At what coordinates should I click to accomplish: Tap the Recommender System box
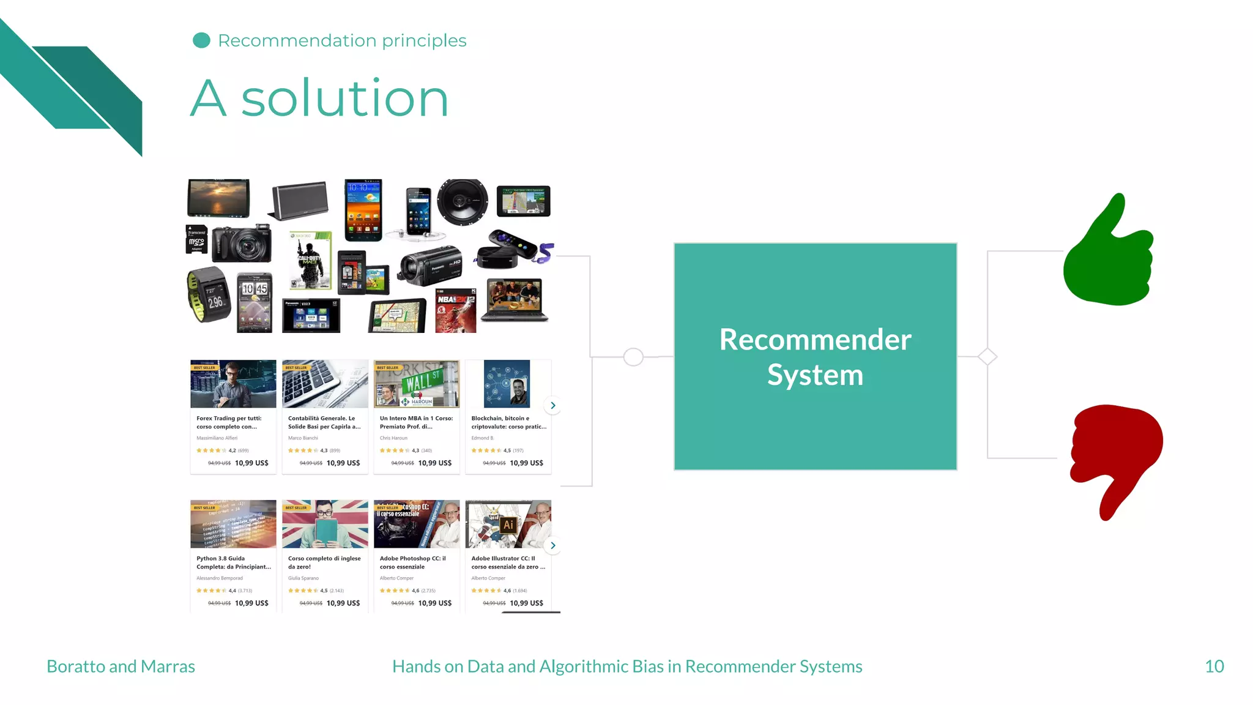(815, 357)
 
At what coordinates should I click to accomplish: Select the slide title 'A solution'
(319, 99)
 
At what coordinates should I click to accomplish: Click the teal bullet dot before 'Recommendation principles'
(201, 40)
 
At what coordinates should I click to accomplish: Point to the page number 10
(1214, 666)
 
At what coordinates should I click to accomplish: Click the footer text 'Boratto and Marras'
(121, 666)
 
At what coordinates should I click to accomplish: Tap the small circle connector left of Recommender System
(633, 357)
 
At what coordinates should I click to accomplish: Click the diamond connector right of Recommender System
(987, 357)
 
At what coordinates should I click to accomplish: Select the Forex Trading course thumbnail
(233, 384)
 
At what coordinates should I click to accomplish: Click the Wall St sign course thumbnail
(416, 384)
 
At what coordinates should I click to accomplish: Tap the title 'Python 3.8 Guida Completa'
(233, 562)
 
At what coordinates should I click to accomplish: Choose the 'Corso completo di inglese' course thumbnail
(325, 524)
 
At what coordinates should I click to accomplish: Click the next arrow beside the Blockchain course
(552, 405)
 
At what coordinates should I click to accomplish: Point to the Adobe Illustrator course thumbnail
(508, 524)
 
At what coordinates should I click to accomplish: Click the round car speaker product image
(463, 201)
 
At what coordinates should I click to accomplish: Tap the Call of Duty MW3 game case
(311, 260)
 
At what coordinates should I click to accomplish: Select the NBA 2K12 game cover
(455, 310)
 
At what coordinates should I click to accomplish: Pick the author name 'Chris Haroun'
(393, 438)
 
